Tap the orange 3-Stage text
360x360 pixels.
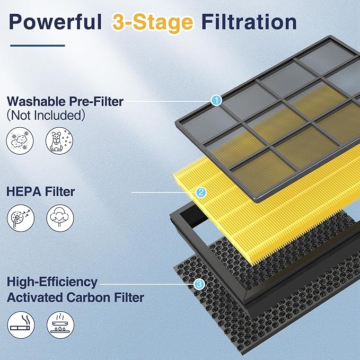pyautogui.click(x=153, y=22)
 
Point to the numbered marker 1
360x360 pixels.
pyautogui.click(x=216, y=100)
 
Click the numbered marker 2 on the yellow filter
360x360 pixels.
pyautogui.click(x=200, y=192)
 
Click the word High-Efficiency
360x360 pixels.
pyautogui.click(x=52, y=282)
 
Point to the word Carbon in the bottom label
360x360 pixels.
pyautogui.click(x=91, y=297)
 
